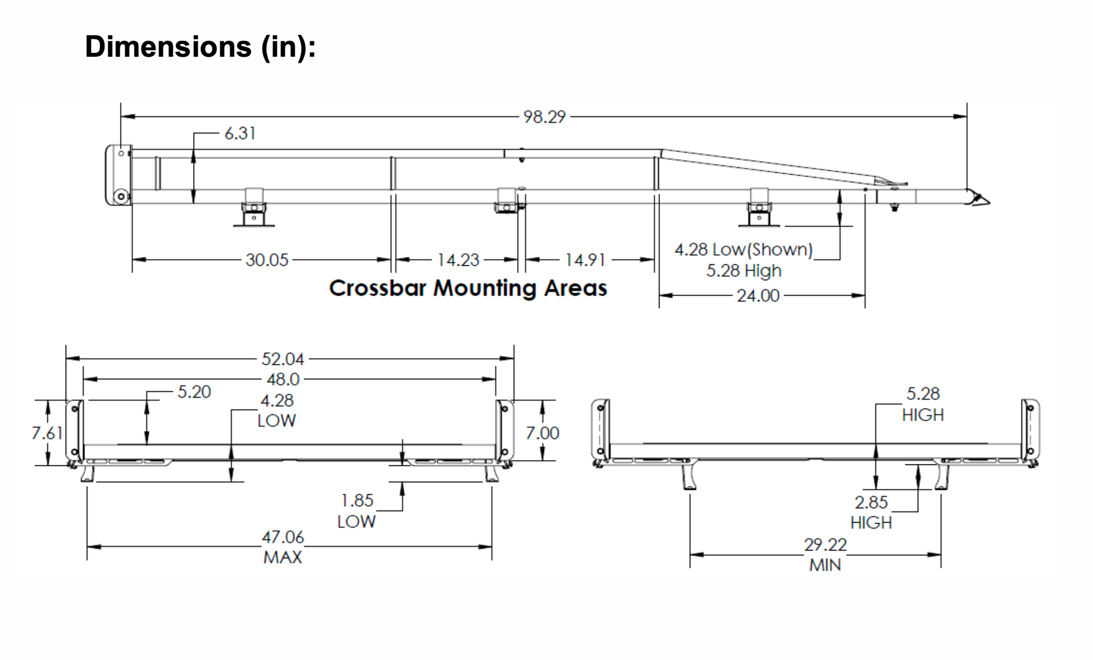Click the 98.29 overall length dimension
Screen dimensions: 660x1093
pyautogui.click(x=544, y=117)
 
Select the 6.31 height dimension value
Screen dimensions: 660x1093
pyautogui.click(x=240, y=133)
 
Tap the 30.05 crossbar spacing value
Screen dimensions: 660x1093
pyautogui.click(x=267, y=260)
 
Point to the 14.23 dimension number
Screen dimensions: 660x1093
pyautogui.click(x=458, y=260)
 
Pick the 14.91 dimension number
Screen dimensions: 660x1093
pyautogui.click(x=585, y=260)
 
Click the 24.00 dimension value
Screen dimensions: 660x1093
pyautogui.click(x=758, y=295)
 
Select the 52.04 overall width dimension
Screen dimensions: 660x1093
pyautogui.click(x=283, y=359)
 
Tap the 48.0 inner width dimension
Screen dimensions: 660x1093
pyautogui.click(x=283, y=380)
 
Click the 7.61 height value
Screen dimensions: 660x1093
pyautogui.click(x=47, y=433)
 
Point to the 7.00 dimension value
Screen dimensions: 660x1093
pyautogui.click(x=543, y=433)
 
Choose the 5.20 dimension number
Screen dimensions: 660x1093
pyautogui.click(x=194, y=392)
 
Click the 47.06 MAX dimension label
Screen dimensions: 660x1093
pyautogui.click(x=283, y=547)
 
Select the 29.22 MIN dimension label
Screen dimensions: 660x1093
pyautogui.click(x=825, y=554)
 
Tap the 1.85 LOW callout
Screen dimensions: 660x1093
pyautogui.click(x=357, y=511)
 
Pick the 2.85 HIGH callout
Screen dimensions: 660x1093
pyautogui.click(x=871, y=512)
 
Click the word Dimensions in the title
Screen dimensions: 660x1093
pyautogui.click(x=168, y=46)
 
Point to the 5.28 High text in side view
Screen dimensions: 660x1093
pyautogui.click(x=744, y=271)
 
